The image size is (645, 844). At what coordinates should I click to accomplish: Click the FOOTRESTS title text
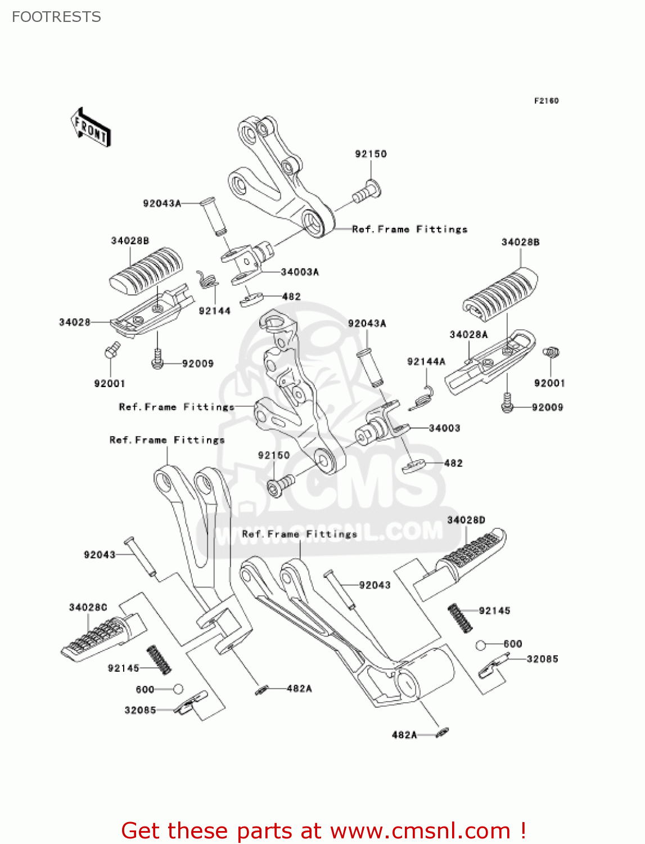point(56,17)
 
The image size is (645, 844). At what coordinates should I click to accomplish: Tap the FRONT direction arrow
point(90,128)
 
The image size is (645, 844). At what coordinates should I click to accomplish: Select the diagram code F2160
point(546,101)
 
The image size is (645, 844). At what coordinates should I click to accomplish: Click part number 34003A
point(300,272)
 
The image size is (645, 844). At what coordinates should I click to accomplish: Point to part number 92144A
point(426,362)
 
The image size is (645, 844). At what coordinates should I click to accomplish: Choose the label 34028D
point(466,520)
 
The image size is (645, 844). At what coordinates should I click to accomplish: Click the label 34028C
point(88,607)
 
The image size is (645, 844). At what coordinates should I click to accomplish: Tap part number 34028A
point(468,335)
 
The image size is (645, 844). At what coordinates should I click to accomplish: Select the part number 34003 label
point(444,428)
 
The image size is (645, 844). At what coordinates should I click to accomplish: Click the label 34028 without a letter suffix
point(75,322)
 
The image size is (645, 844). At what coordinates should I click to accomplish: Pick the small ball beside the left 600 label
point(178,689)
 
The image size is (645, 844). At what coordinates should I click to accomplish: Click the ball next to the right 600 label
point(481,645)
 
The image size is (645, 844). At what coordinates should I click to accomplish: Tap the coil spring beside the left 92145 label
point(159,659)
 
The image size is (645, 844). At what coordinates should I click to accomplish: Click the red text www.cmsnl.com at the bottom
point(420,830)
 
